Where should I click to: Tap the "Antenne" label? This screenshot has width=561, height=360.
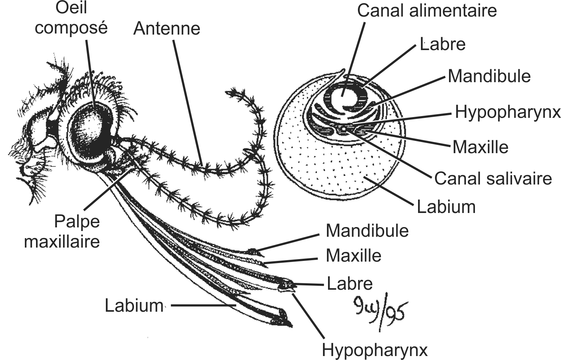[x=166, y=29]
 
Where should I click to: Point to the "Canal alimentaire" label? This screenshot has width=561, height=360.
[x=427, y=11]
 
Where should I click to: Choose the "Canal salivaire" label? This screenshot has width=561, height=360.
[x=493, y=178]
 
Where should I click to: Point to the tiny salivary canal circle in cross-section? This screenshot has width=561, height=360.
[x=344, y=128]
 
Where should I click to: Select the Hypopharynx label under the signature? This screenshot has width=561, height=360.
[x=374, y=350]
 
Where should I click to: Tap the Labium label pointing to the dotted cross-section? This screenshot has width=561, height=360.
[x=446, y=207]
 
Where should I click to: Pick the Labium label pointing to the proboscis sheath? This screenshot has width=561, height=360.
[x=134, y=306]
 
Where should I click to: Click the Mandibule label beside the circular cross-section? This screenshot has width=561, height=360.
[x=489, y=76]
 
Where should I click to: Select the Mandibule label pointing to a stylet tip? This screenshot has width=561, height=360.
[x=367, y=231]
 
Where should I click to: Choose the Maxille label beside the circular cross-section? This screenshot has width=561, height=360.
[x=480, y=147]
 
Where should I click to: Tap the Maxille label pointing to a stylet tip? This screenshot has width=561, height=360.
[x=353, y=256]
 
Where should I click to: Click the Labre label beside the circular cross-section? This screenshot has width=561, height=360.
[x=443, y=45]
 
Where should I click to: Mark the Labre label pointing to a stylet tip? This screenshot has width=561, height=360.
[x=349, y=284]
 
